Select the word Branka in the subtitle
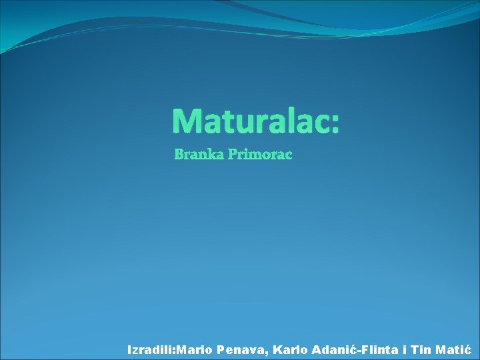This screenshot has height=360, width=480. click(x=199, y=155)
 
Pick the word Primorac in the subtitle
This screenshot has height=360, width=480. click(x=260, y=155)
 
